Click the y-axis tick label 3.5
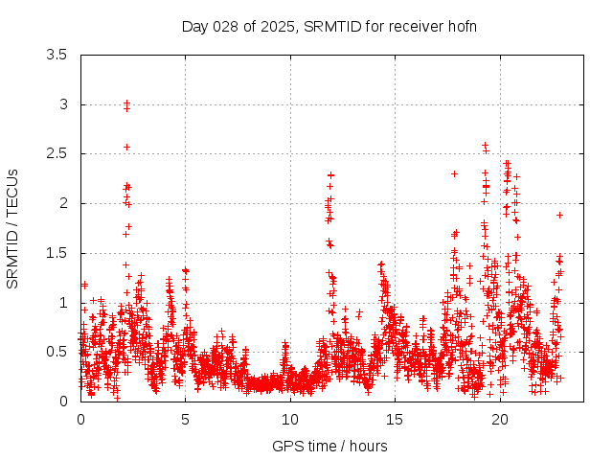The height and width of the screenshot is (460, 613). pos(58,55)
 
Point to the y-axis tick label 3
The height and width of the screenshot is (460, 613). pos(63,104)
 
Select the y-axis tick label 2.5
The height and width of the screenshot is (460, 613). pos(58,153)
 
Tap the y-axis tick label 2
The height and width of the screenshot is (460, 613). pos(63,203)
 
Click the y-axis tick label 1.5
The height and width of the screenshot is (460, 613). pos(58,253)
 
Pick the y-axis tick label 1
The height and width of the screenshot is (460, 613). pos(63,303)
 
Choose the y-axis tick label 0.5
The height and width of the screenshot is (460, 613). pos(58,352)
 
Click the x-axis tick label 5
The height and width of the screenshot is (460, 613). pos(186,419)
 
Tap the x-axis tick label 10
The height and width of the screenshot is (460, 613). pos(290,419)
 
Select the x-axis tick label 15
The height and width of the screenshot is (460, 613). pos(396,419)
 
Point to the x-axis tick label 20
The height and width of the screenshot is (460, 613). pos(500,419)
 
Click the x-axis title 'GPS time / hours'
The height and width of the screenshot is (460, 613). pos(329,446)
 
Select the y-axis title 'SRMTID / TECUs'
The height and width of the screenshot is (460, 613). pos(13,228)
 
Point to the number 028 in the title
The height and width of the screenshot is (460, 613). pos(226,26)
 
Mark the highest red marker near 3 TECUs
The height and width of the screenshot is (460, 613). pos(126,103)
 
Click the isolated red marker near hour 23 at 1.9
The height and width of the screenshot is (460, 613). pos(559,215)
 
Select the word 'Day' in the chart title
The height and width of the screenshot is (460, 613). pos(194,26)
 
